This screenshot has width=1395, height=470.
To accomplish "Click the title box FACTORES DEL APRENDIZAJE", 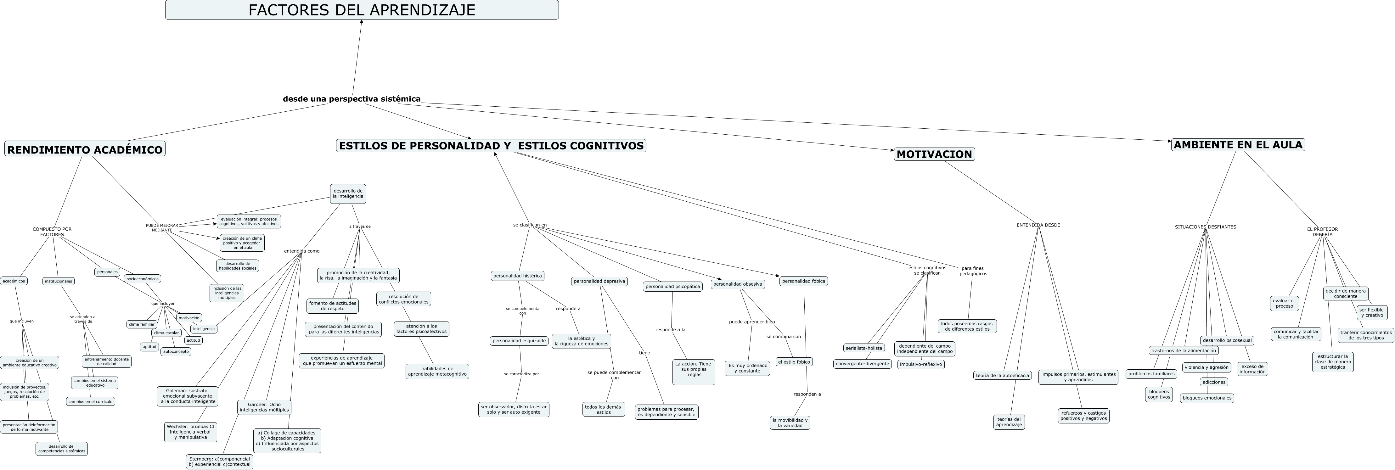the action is [x=362, y=10].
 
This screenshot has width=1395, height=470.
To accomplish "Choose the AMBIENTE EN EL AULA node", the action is [x=1238, y=145].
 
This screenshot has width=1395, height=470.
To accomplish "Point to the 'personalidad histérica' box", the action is [x=517, y=276].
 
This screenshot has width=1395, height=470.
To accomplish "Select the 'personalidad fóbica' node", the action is [x=804, y=281].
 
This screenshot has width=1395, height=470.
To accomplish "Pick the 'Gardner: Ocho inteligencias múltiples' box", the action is [x=264, y=407].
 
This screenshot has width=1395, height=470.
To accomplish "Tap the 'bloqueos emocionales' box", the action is [x=1207, y=398].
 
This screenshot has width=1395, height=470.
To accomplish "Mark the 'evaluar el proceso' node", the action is [x=1284, y=303].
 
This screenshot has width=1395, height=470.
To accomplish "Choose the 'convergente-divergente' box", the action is [x=862, y=364].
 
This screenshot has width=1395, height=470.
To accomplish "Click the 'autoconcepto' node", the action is [x=176, y=351].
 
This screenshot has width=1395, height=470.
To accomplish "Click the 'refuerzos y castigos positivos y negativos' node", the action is [x=1083, y=416].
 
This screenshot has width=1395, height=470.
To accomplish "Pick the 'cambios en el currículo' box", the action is [x=90, y=401].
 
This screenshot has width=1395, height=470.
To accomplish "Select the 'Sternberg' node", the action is [x=219, y=461].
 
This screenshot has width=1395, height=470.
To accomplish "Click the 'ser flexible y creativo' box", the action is [x=1372, y=312].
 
